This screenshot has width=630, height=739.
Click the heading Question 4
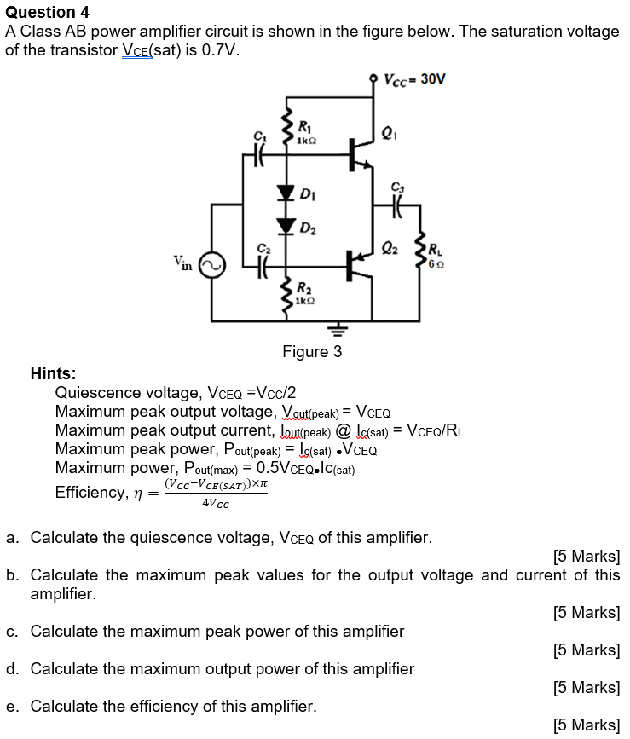click(x=47, y=12)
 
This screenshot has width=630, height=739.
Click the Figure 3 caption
click(x=312, y=352)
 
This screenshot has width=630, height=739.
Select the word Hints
click(x=53, y=373)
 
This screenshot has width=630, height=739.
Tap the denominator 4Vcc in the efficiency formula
click(x=216, y=503)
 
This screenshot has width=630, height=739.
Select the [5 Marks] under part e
click(x=586, y=725)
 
